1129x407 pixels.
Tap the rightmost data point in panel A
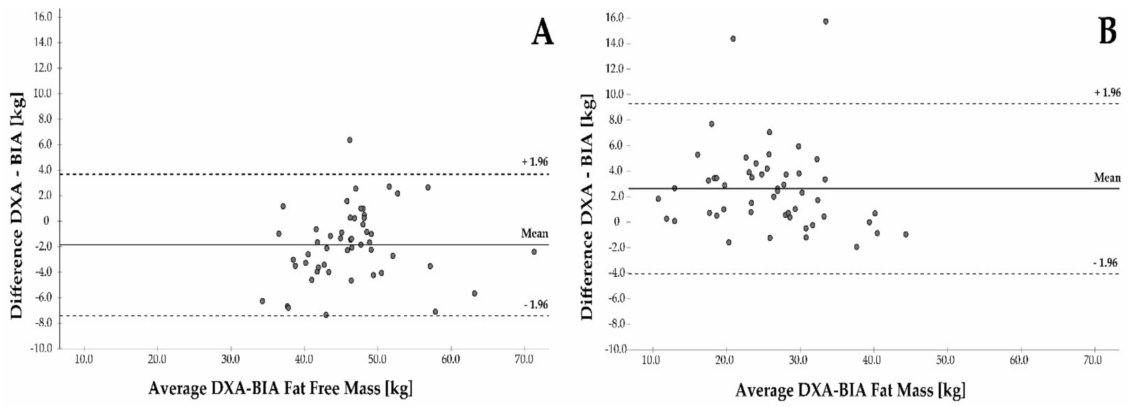tap(534, 252)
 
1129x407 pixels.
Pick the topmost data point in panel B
tap(826, 21)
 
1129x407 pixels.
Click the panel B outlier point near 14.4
tap(733, 38)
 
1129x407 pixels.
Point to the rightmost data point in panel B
tap(906, 234)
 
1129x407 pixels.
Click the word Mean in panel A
tap(534, 233)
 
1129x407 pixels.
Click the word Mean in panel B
tap(1107, 178)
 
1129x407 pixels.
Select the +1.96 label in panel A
tap(534, 162)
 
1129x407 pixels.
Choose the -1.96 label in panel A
tap(536, 304)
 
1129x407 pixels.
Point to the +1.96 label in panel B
tap(1107, 92)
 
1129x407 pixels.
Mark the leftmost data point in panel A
tap(262, 301)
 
